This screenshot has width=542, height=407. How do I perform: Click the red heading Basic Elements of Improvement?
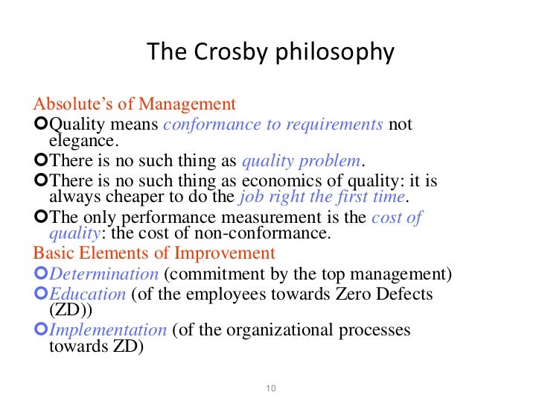[154, 253]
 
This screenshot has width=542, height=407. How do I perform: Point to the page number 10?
[271, 388]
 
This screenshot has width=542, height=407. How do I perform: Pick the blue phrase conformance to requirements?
[272, 124]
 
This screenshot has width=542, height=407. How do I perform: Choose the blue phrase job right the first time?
[322, 197]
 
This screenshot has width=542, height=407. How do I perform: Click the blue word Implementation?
[107, 329]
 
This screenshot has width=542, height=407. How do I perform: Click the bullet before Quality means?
[41, 123]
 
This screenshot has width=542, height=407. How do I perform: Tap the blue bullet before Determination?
[41, 273]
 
